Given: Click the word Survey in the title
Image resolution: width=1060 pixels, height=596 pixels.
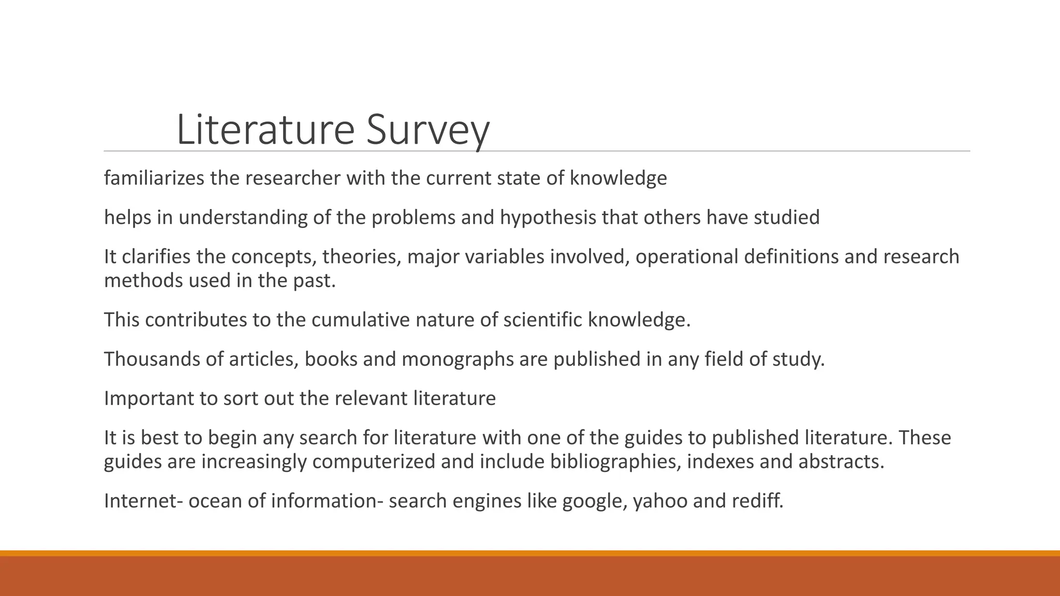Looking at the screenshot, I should (428, 130).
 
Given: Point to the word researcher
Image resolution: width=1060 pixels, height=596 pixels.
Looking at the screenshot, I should (292, 178).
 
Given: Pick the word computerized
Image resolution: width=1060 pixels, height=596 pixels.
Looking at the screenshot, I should (374, 461).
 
